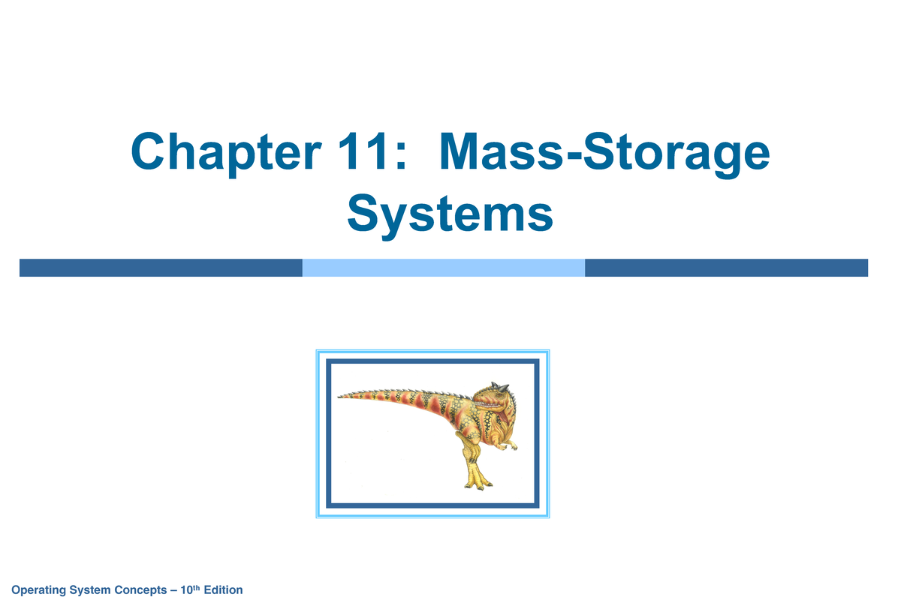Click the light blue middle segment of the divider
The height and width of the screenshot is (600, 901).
tap(443, 268)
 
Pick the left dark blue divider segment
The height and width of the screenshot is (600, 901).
tap(161, 268)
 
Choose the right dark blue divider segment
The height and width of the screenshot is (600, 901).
tap(726, 268)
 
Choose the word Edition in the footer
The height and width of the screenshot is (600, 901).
tap(225, 590)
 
